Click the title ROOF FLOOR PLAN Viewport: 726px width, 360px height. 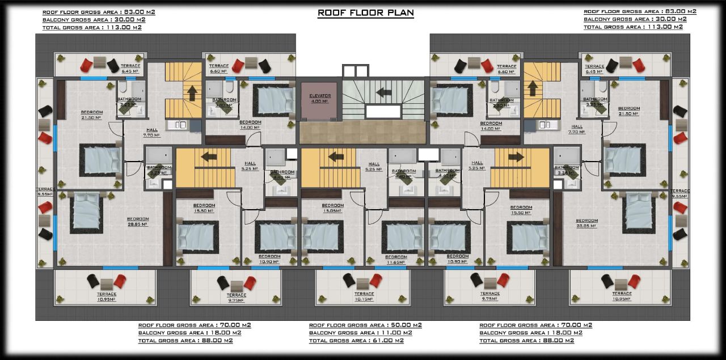point(365,12)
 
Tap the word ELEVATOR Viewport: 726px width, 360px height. point(319,96)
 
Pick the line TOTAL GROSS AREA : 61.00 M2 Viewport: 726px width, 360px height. point(356,341)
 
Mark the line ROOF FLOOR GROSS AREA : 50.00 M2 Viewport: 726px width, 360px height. point(365,325)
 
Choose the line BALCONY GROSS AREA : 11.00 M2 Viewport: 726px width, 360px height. point(360,333)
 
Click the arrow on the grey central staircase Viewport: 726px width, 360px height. point(383,91)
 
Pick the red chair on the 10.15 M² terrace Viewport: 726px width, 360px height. point(375,279)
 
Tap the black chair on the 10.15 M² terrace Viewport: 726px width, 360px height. point(348,279)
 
